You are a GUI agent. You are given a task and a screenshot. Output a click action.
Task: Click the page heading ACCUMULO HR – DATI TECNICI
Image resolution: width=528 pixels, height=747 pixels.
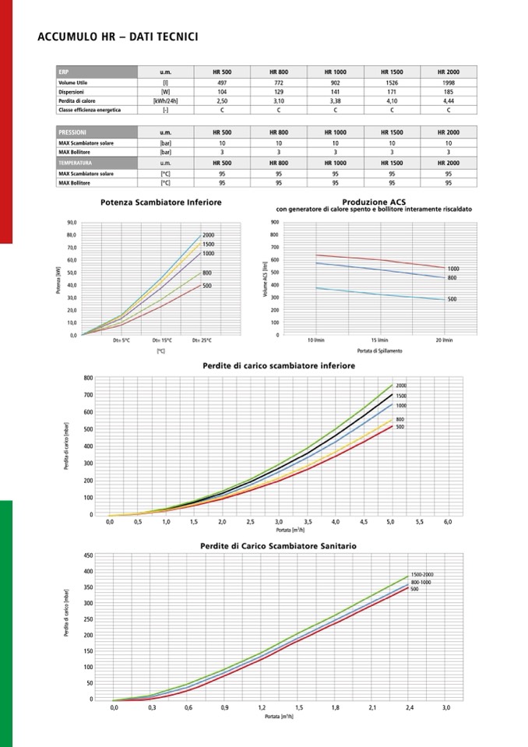click(x=117, y=37)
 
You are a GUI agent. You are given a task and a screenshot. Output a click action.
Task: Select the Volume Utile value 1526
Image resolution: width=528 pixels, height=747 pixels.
click(x=391, y=81)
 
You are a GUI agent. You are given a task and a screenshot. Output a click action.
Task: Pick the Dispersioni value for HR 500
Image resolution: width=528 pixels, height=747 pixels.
click(x=222, y=91)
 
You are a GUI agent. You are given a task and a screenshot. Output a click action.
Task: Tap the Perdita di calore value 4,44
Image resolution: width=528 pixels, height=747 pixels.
click(x=449, y=100)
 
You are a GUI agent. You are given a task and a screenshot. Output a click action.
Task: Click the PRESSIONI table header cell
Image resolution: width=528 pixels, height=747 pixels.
click(x=72, y=132)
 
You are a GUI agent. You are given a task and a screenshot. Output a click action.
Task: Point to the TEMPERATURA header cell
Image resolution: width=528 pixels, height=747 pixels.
click(x=76, y=163)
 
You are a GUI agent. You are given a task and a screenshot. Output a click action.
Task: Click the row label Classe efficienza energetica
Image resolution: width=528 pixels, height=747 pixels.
click(x=89, y=110)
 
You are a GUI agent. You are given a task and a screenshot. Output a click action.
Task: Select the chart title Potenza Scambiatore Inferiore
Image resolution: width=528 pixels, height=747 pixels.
click(x=161, y=203)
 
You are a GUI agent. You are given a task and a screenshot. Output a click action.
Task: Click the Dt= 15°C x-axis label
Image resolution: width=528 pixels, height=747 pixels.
click(x=162, y=340)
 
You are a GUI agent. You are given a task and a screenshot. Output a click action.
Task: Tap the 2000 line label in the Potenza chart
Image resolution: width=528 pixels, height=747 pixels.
click(x=208, y=235)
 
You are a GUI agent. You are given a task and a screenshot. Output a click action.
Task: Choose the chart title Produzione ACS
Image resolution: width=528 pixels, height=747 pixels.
click(x=374, y=202)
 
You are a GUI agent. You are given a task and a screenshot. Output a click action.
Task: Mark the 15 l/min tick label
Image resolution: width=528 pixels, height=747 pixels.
click(x=379, y=340)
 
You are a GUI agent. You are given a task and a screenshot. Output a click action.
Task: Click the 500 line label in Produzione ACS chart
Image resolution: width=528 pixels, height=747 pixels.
click(x=452, y=299)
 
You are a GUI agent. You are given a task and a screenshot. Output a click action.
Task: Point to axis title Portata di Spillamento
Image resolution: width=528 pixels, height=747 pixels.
click(x=379, y=351)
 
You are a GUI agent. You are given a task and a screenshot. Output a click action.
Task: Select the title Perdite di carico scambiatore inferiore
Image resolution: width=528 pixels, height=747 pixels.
click(x=278, y=365)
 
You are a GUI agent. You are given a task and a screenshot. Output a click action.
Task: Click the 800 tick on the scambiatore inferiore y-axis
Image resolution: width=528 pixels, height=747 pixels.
click(x=89, y=378)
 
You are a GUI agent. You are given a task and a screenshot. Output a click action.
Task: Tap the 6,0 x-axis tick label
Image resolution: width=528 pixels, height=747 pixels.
click(x=448, y=521)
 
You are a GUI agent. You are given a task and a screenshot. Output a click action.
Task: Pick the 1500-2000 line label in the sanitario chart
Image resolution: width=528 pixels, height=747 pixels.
click(x=422, y=574)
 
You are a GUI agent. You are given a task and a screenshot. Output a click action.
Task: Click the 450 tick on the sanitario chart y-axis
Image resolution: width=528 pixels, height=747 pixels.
click(x=89, y=555)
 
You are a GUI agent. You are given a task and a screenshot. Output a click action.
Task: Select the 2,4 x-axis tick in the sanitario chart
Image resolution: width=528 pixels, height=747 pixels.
click(x=410, y=707)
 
